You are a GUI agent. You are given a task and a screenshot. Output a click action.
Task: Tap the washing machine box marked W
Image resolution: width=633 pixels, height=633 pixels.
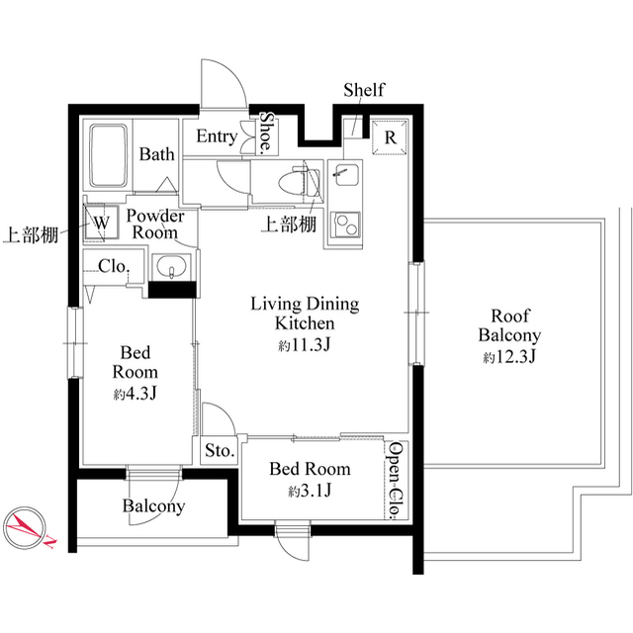click(x=101, y=223)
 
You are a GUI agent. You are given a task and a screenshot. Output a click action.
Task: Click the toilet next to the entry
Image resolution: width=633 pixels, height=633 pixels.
click(x=298, y=183)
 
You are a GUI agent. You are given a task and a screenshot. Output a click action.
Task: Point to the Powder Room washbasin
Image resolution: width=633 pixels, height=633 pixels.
click(x=174, y=268)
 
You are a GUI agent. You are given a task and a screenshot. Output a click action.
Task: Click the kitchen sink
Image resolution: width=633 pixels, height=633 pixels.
click(x=346, y=179)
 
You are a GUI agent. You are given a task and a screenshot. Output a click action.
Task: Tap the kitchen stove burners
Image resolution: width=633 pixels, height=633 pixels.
click(x=347, y=226)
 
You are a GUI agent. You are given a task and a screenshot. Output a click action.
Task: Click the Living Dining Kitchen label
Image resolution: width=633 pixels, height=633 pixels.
click(x=304, y=314)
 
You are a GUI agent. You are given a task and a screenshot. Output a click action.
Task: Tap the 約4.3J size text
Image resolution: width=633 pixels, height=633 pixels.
click(x=136, y=394)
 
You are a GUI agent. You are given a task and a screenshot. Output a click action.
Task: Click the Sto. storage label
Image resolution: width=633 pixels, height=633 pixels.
click(x=219, y=451)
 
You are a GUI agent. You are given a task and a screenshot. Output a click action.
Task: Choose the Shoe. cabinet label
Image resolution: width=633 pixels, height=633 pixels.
click(x=266, y=132)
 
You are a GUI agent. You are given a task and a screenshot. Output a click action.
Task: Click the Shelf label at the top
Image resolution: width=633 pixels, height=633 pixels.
click(x=363, y=91)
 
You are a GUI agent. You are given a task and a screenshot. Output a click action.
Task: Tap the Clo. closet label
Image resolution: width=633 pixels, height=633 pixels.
click(x=111, y=266)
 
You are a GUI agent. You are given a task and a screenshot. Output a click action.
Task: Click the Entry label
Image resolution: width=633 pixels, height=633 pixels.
click(x=216, y=136)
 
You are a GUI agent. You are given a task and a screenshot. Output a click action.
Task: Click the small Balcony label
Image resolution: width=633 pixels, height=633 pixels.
click(x=153, y=506)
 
